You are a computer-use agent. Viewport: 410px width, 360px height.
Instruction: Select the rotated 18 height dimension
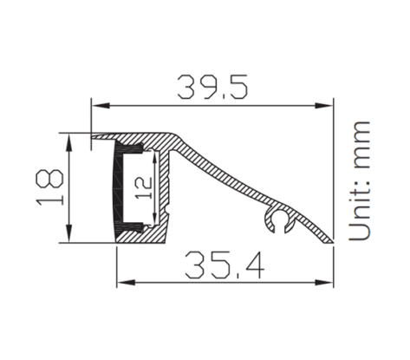[x=51, y=187]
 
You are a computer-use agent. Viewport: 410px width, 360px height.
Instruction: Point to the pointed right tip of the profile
[x=332, y=241]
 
